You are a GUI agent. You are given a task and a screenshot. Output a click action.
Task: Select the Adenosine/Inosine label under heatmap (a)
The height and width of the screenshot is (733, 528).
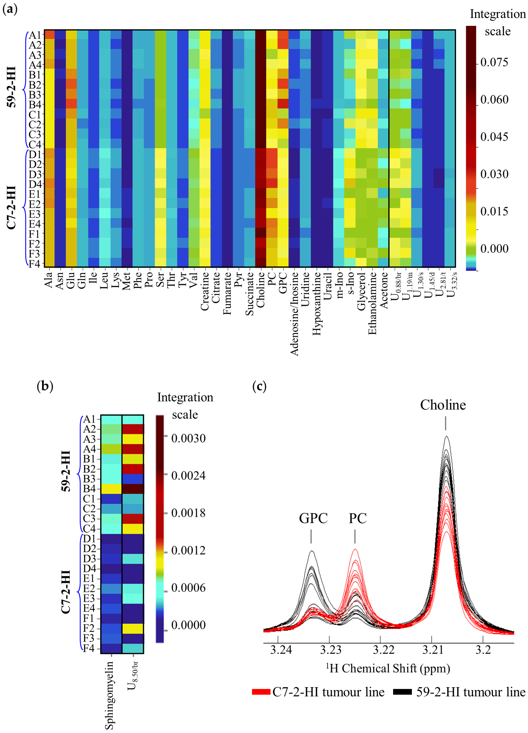pos(294,314)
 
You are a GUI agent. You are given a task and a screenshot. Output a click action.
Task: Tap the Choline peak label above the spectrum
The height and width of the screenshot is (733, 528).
pos(443,405)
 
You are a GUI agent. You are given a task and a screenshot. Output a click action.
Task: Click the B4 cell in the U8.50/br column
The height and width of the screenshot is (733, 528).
pos(133,489)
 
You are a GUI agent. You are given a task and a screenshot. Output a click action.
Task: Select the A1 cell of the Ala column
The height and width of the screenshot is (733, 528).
pos(49,34)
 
